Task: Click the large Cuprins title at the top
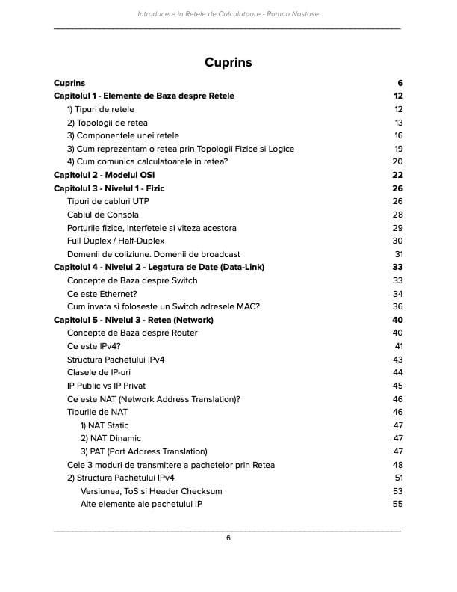[228, 62]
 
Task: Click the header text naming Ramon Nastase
[228, 14]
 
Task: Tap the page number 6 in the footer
[228, 538]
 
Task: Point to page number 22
[397, 175]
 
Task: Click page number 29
[398, 228]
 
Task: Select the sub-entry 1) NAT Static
[105, 425]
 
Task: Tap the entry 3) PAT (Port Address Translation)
[143, 451]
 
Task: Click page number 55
[397, 504]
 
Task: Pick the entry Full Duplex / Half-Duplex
[116, 241]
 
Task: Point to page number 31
[398, 254]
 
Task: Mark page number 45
[397, 386]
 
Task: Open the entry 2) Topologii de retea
[108, 123]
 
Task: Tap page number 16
[398, 135]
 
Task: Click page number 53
[397, 491]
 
